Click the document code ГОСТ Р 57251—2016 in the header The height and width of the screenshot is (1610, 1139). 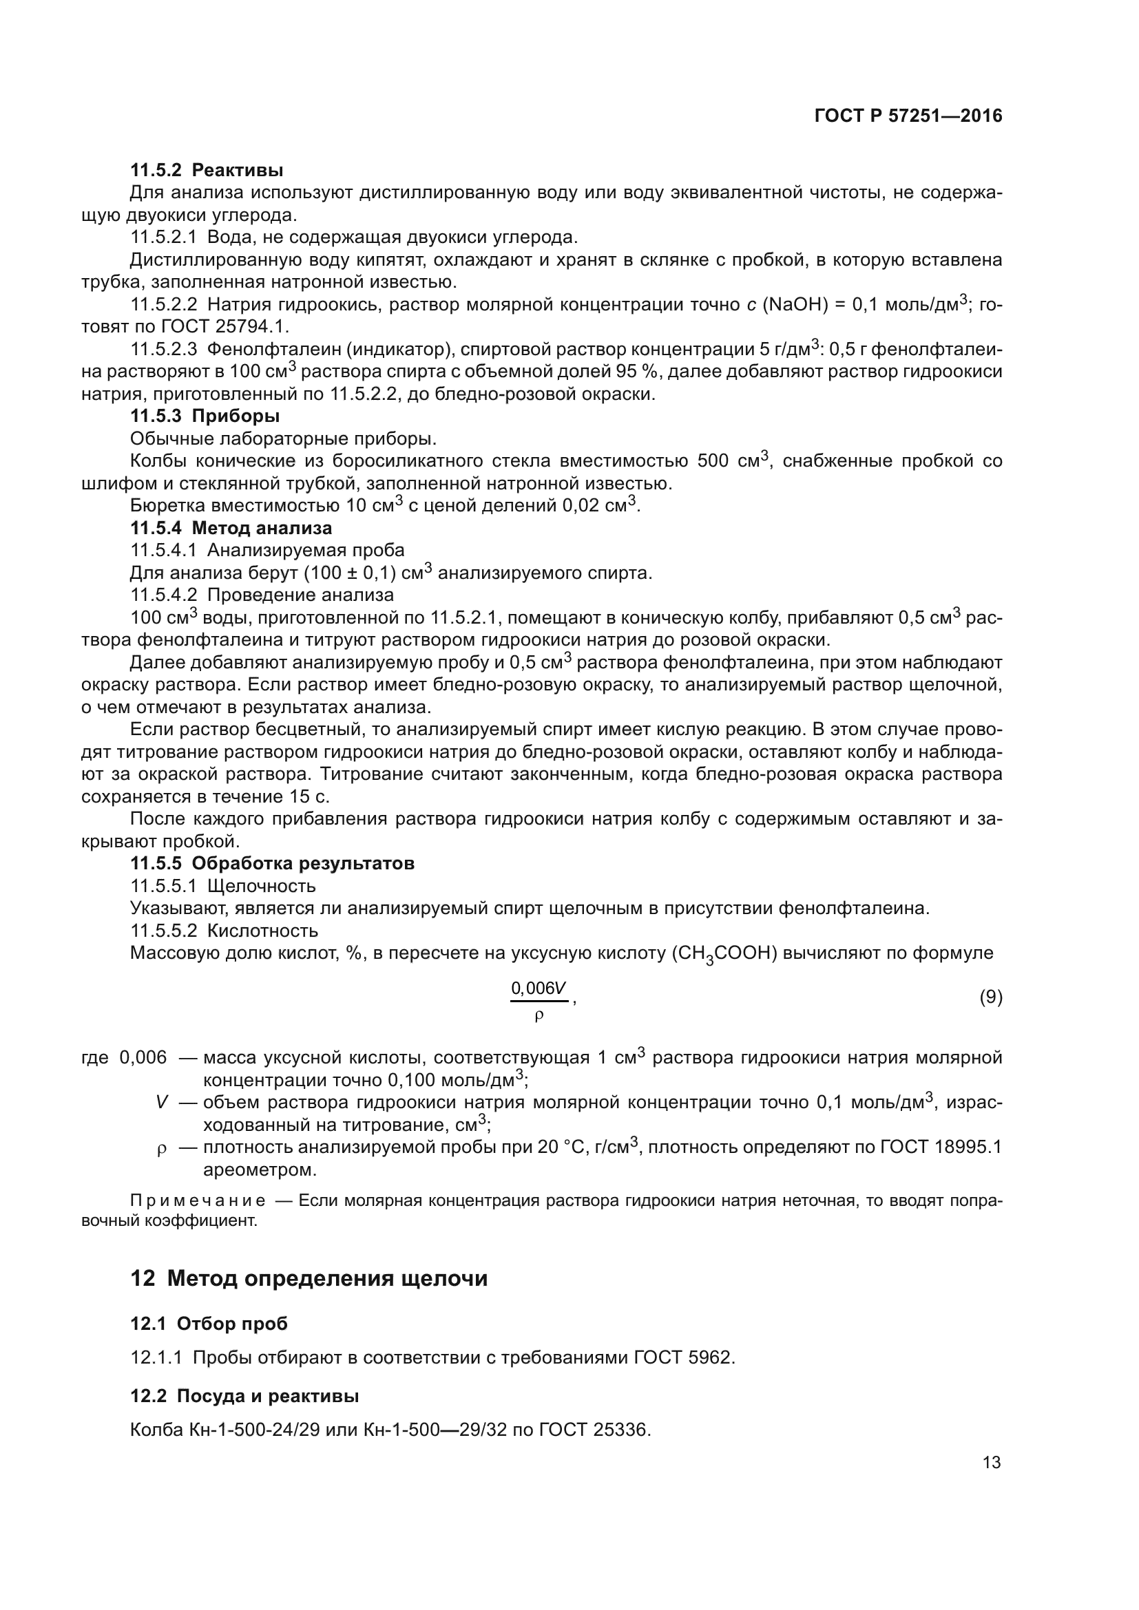tap(908, 116)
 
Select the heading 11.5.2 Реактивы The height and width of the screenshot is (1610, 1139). tap(206, 170)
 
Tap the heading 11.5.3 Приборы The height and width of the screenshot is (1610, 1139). tap(205, 416)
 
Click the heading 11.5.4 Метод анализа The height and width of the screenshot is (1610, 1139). tap(231, 527)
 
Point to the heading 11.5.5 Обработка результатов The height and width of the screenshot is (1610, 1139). tap(272, 863)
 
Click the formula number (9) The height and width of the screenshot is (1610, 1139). tap(990, 997)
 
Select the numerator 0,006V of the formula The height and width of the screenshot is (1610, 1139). tap(538, 988)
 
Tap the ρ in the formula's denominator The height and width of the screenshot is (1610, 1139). tap(539, 1015)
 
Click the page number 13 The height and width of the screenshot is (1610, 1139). tap(992, 1463)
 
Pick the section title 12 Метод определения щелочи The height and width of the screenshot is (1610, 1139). tap(309, 1278)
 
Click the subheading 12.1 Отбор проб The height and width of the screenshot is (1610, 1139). tap(209, 1324)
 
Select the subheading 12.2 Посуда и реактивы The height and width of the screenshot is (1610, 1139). tap(244, 1396)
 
